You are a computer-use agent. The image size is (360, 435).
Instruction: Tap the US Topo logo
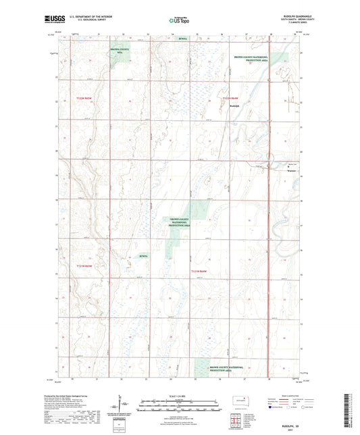(180, 21)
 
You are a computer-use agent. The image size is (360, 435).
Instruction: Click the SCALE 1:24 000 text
(180, 395)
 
